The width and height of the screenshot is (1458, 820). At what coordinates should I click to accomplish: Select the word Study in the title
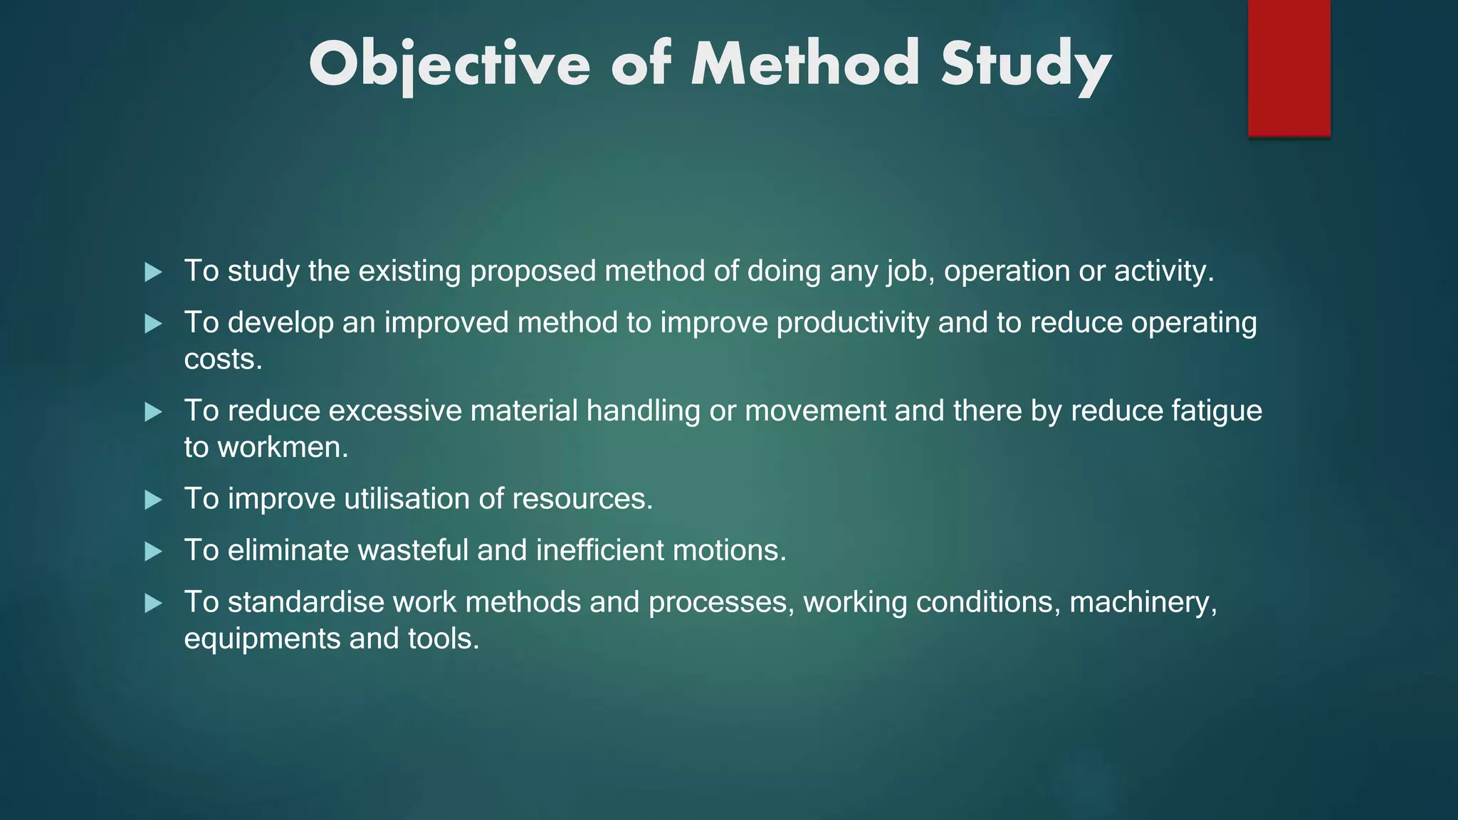(x=1025, y=65)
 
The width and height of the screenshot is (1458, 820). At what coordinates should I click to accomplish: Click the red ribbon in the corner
(x=1289, y=68)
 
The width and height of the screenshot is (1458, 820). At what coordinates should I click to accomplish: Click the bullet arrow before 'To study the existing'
(x=153, y=272)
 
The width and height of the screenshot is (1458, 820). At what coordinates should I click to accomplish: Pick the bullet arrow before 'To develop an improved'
(x=153, y=325)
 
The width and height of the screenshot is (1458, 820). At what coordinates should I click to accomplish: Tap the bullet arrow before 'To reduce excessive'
(x=153, y=412)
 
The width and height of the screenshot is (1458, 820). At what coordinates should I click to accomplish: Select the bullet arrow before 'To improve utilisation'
(x=153, y=500)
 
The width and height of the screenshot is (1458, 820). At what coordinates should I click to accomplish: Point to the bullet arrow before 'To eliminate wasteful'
(x=153, y=552)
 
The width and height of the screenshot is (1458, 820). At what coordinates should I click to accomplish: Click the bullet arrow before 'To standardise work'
(x=153, y=604)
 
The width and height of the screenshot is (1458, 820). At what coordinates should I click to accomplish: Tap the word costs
(x=223, y=359)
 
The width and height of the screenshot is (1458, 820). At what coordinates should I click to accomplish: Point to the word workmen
(x=282, y=448)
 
